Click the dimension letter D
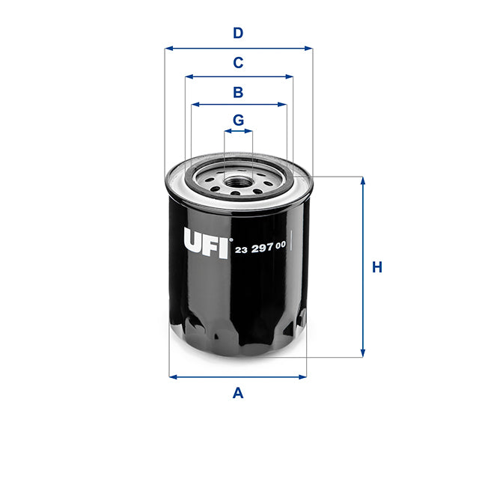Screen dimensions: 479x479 pyautogui.click(x=238, y=33)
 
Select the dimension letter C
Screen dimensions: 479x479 pyautogui.click(x=238, y=63)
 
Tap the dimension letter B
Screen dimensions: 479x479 pyautogui.click(x=238, y=93)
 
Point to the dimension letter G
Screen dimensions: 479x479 pyautogui.click(x=238, y=120)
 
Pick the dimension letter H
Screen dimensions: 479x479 pyautogui.click(x=377, y=267)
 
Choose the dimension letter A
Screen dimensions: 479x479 pyautogui.click(x=238, y=393)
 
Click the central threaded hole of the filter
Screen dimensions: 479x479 pyautogui.click(x=238, y=180)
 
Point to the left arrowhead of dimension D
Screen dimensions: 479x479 pyautogui.click(x=168, y=48)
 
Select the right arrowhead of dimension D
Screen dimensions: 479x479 pyautogui.click(x=308, y=48)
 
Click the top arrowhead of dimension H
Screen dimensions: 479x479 pyautogui.click(x=363, y=181)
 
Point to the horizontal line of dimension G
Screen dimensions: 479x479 pyautogui.click(x=238, y=131)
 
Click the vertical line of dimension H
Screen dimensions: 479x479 pyautogui.click(x=363, y=267)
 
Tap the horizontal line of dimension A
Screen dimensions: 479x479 pyautogui.click(x=238, y=376)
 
